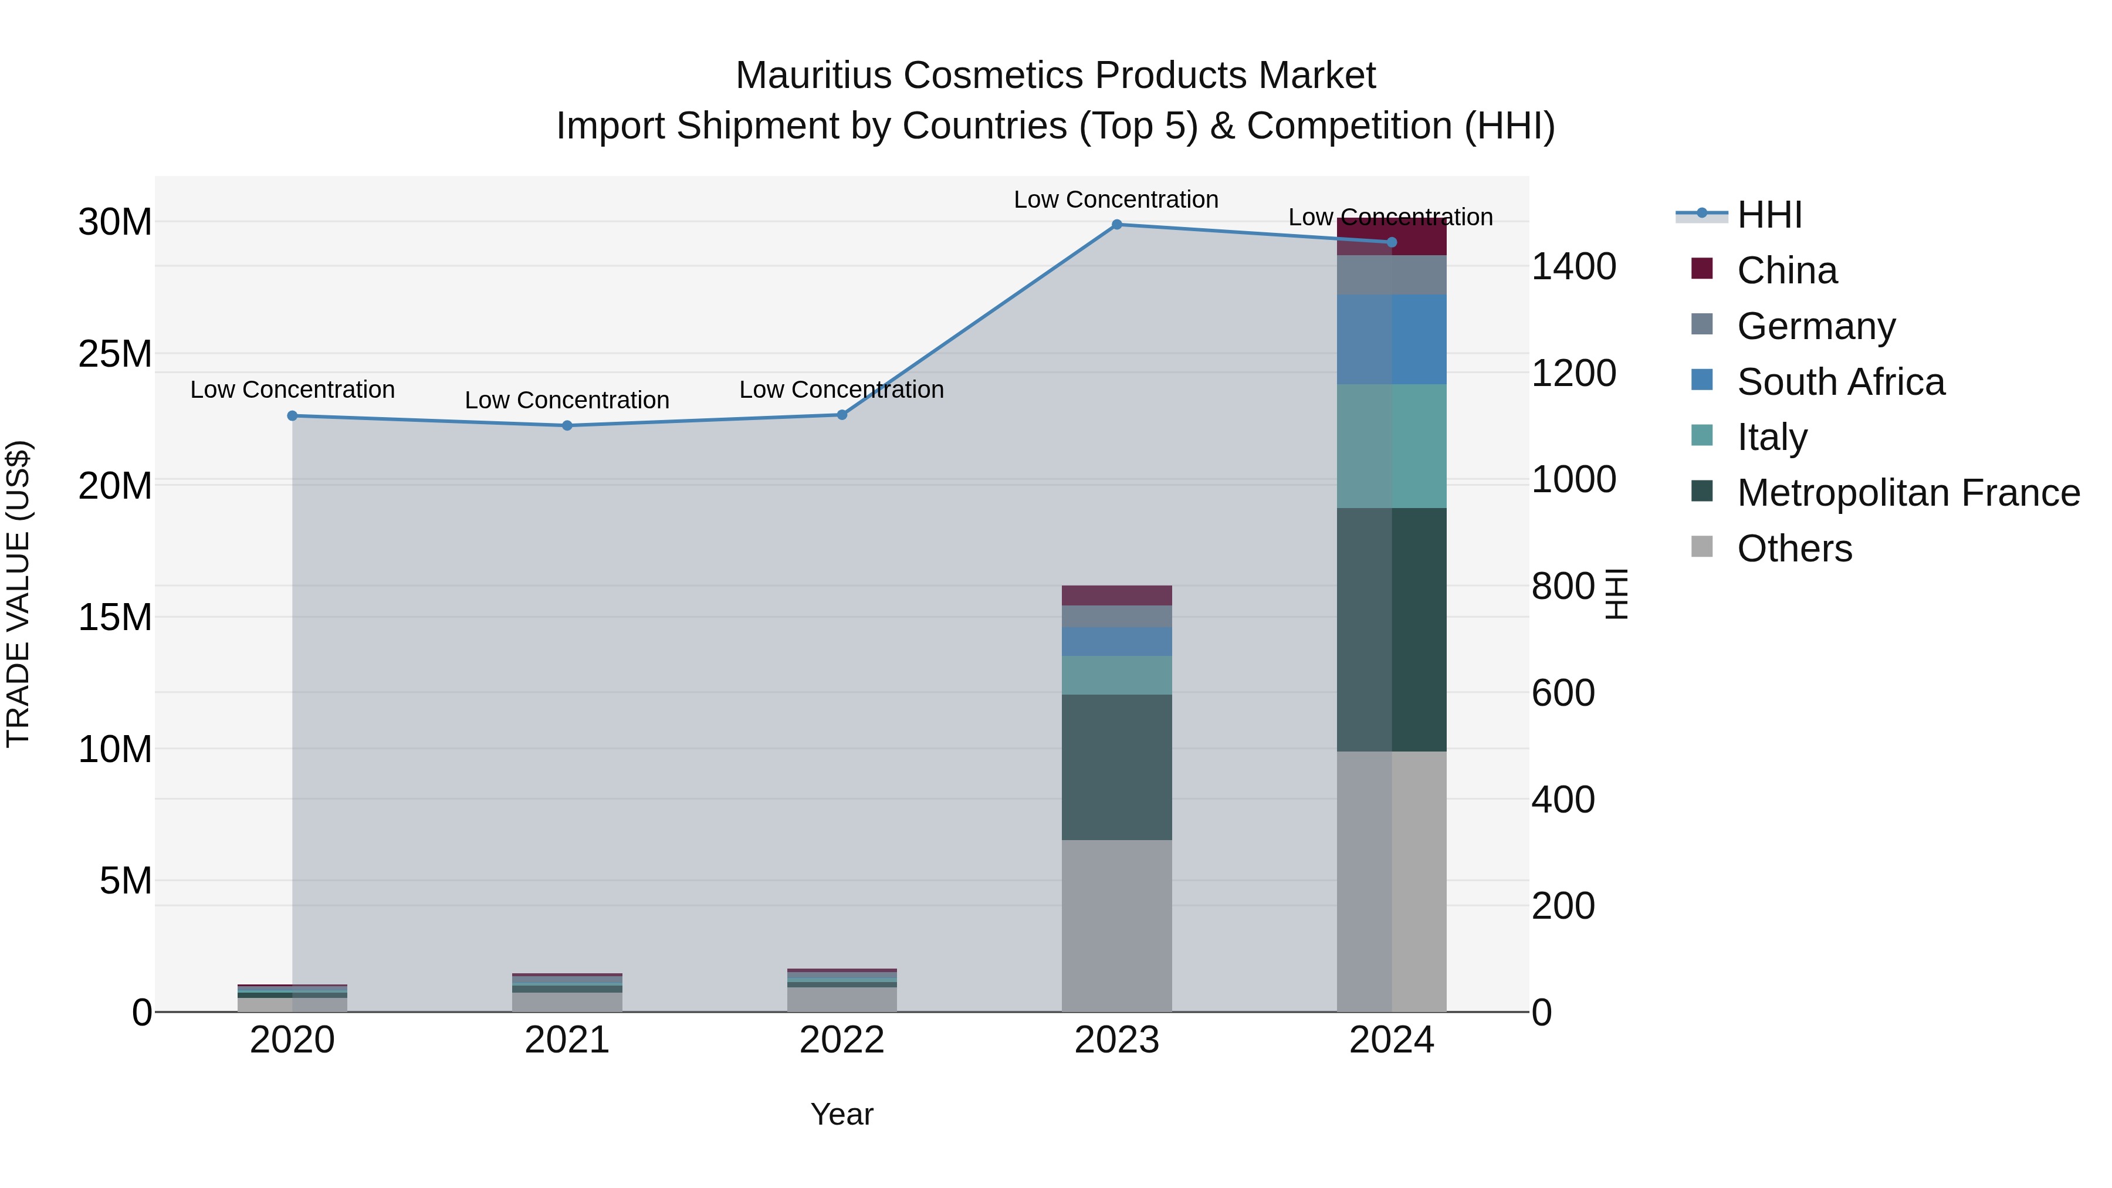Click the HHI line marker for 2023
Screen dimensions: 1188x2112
coord(1116,224)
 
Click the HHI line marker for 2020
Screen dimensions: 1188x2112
coord(293,416)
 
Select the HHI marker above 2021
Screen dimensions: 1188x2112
coord(567,425)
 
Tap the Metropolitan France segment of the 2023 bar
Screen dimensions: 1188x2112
coord(1116,767)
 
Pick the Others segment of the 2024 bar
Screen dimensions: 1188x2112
coord(1392,881)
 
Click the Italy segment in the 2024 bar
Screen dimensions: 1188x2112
coord(1392,446)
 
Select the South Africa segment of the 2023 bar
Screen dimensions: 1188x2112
coord(1116,641)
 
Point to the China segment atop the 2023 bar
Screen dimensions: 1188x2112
coord(1116,595)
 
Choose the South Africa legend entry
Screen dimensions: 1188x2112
coord(1840,382)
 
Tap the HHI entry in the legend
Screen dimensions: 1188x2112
coord(1769,215)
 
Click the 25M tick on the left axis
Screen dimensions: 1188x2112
coord(115,354)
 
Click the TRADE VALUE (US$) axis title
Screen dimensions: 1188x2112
coord(18,594)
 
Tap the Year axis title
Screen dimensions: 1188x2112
coord(842,1114)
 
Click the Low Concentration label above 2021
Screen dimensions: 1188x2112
coord(567,400)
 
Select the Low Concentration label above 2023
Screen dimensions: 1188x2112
coord(1116,199)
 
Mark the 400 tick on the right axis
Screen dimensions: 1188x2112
coord(1563,800)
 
